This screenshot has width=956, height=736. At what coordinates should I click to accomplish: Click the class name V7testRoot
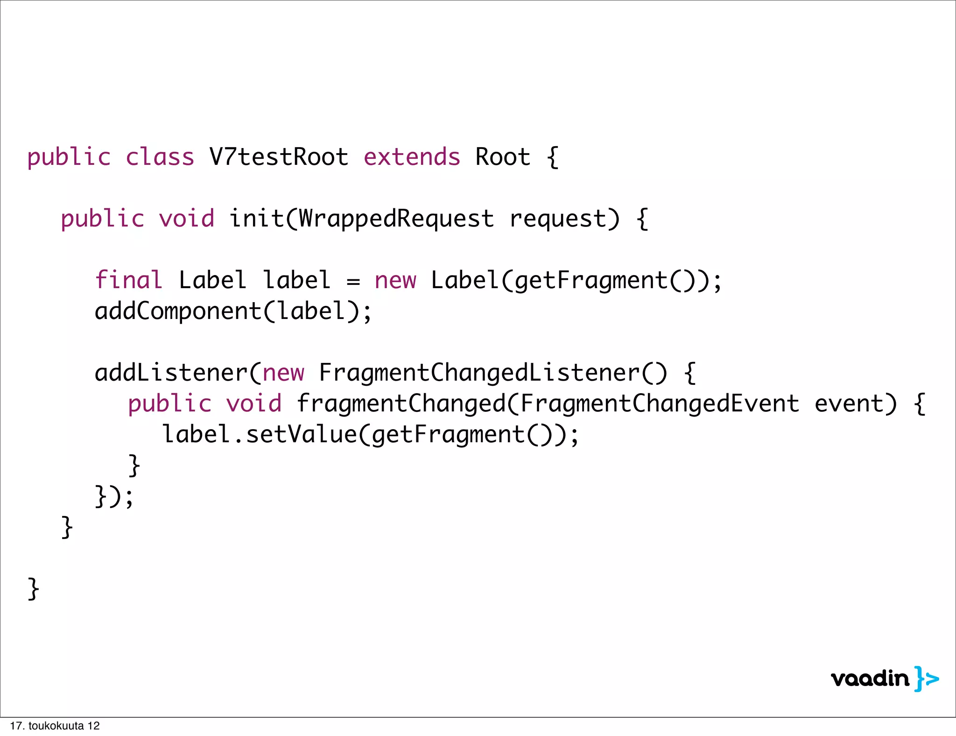click(279, 157)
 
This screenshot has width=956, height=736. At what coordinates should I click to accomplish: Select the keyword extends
click(412, 157)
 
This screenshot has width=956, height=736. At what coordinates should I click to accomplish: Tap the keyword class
click(160, 157)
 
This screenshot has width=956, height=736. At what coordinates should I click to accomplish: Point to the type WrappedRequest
click(396, 219)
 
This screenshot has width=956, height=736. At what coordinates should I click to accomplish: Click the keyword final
click(128, 280)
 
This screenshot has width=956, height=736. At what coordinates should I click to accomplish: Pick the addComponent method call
click(177, 311)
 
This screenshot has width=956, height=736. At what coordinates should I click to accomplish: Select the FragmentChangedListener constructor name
click(479, 373)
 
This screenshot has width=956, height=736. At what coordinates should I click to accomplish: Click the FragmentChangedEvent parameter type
click(659, 403)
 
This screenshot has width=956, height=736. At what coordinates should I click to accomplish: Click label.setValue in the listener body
click(259, 434)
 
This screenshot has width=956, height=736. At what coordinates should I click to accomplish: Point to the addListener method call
click(171, 373)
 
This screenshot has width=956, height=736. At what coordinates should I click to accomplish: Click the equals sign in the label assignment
click(353, 281)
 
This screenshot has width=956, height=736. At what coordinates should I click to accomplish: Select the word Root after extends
click(503, 157)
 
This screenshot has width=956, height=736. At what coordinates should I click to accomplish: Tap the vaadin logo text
click(870, 679)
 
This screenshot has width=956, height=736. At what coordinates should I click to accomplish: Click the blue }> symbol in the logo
click(927, 679)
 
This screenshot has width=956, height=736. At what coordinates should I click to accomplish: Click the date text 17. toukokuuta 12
click(55, 726)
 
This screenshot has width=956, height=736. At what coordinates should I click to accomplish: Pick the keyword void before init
click(186, 219)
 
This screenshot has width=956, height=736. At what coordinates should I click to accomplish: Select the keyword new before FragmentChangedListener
click(283, 374)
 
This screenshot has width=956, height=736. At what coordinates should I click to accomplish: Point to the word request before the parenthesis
click(558, 219)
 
